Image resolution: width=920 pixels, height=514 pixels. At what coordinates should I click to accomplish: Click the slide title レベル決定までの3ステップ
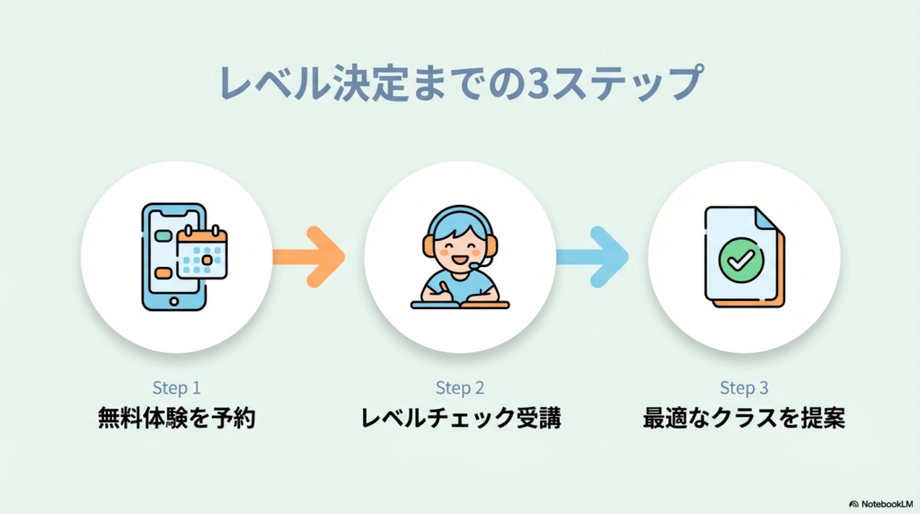pyautogui.click(x=460, y=83)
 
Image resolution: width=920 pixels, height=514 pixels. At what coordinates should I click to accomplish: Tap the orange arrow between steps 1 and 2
pyautogui.click(x=308, y=257)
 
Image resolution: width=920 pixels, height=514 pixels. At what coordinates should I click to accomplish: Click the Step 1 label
pyautogui.click(x=176, y=388)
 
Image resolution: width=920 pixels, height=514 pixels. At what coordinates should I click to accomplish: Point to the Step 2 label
pyautogui.click(x=460, y=388)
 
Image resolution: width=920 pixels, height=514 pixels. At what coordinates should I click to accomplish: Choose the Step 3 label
pyautogui.click(x=744, y=388)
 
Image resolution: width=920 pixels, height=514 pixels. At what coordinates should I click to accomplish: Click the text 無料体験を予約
pyautogui.click(x=176, y=419)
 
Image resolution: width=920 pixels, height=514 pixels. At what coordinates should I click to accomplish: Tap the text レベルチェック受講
pyautogui.click(x=460, y=419)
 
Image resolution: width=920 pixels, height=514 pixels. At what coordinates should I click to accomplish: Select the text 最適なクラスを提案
pyautogui.click(x=744, y=419)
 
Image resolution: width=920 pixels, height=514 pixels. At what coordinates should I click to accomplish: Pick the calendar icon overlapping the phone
pyautogui.click(x=201, y=253)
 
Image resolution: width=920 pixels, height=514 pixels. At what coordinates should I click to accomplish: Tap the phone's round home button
pyautogui.click(x=172, y=299)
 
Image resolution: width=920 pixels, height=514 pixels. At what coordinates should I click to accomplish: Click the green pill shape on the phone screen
pyautogui.click(x=164, y=235)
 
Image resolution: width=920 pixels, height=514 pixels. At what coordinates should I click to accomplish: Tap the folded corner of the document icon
pyautogui.click(x=765, y=218)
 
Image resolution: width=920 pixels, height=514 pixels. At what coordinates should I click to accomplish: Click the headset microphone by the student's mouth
pyautogui.click(x=485, y=262)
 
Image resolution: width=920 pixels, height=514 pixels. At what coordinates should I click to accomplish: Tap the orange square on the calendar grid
pyautogui.click(x=208, y=260)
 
